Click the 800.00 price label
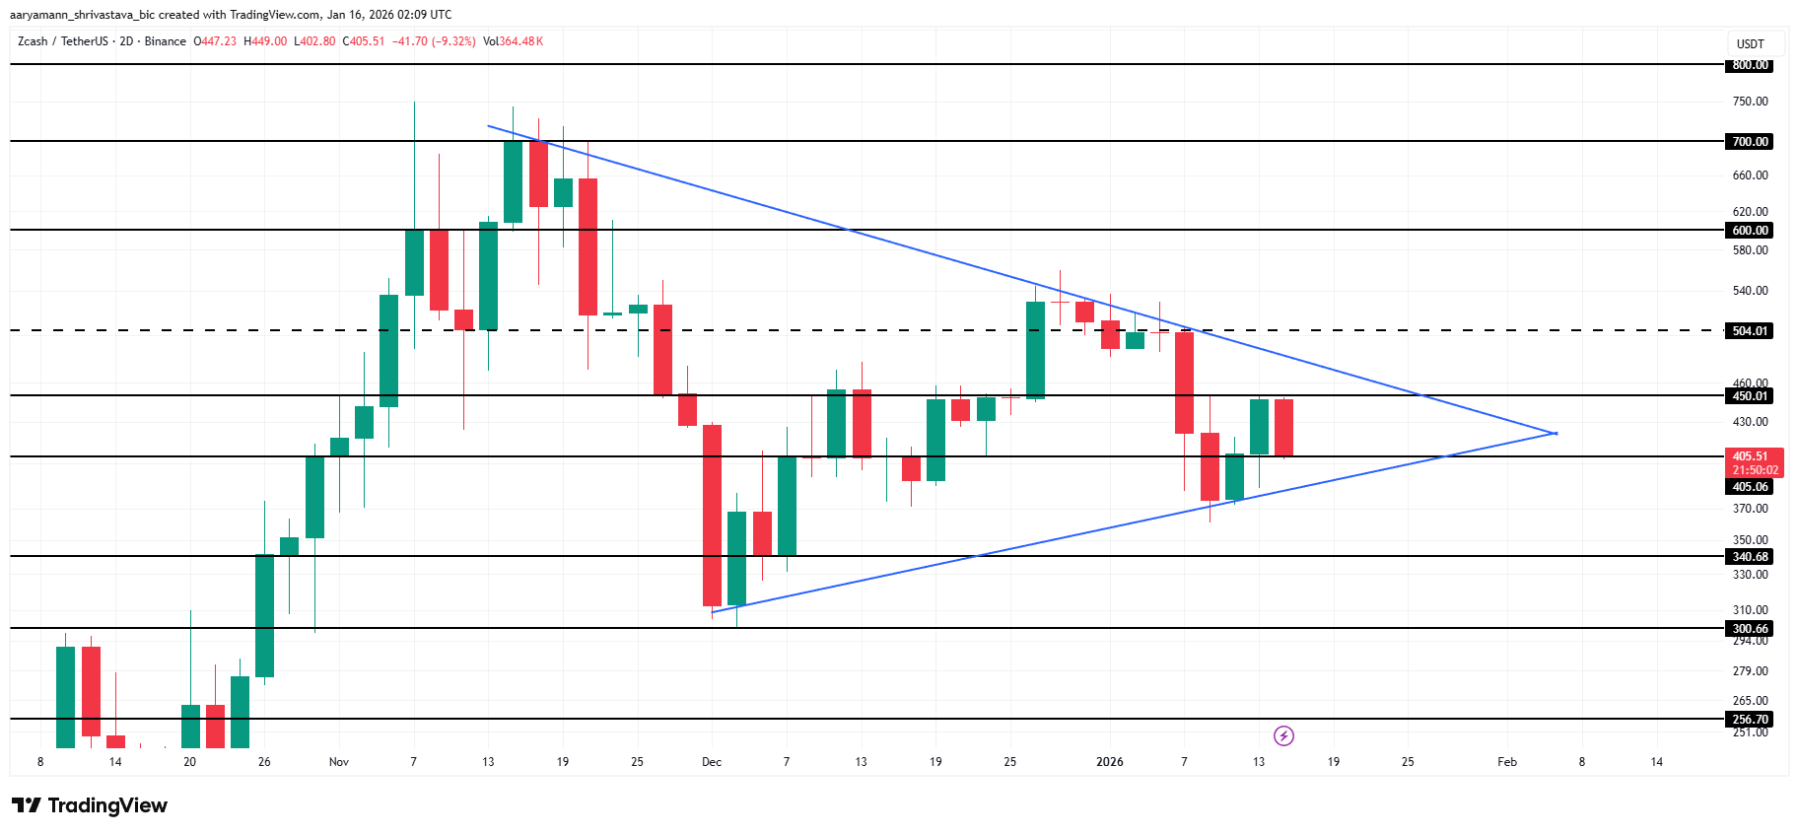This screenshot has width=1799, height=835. coord(1750,65)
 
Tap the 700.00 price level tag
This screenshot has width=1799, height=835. coord(1750,141)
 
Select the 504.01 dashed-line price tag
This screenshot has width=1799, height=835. coord(1750,330)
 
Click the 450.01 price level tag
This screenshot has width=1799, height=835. coord(1750,395)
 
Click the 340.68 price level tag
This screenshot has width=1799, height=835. coord(1750,556)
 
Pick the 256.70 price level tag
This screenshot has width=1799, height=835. coord(1750,719)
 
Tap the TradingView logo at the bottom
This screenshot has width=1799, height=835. coord(90,805)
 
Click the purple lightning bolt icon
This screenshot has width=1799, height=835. coord(1283,735)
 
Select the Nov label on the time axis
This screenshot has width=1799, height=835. coord(339,762)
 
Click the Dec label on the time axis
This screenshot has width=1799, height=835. coord(712,762)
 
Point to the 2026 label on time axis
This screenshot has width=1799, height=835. coord(1110,762)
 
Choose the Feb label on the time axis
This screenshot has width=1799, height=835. coord(1507,762)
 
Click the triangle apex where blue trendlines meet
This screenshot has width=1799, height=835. coord(1555,433)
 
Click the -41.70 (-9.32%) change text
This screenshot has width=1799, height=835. coord(434,41)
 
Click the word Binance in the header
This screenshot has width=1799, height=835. coord(165,41)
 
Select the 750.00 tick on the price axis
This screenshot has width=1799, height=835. coord(1750,102)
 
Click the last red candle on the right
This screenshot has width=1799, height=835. coord(1283,428)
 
